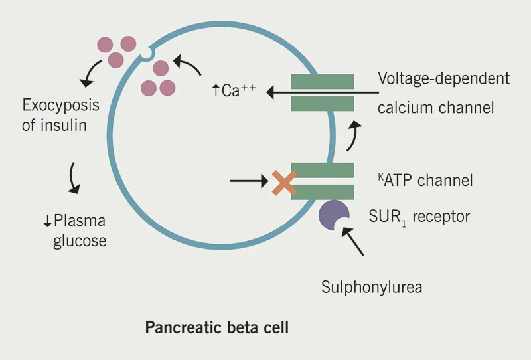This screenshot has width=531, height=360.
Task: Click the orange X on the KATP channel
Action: (x=284, y=183)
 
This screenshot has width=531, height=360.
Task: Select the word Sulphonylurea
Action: (x=372, y=288)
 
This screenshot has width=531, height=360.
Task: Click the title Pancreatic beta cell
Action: (x=216, y=328)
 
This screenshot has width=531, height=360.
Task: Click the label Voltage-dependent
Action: (x=443, y=78)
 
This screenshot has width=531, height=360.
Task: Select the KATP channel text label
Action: (x=423, y=180)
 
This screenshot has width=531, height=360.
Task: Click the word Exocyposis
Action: (x=60, y=105)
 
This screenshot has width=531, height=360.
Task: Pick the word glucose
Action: (x=80, y=240)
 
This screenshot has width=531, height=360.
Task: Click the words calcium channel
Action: (x=435, y=107)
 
